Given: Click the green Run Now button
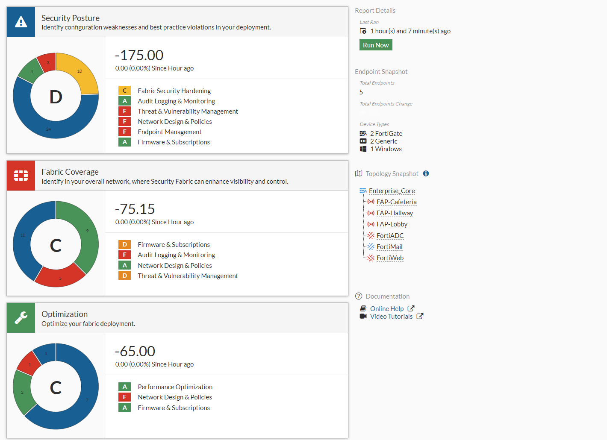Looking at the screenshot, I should [376, 45].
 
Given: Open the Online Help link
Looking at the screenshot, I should [386, 308].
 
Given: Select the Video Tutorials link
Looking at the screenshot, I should [391, 317].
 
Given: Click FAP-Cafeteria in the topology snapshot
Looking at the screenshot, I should [396, 202].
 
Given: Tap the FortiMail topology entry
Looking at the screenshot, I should [389, 247].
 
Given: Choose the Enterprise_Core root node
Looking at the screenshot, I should [392, 191].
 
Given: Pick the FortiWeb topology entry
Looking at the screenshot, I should [390, 258].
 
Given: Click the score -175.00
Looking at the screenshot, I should [139, 55].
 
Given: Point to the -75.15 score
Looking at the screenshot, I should [135, 209].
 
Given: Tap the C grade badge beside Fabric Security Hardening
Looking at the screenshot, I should [124, 91].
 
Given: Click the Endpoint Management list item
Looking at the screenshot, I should [169, 132].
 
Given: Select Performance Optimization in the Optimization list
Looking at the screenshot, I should [175, 387].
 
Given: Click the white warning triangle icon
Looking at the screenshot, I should [21, 22].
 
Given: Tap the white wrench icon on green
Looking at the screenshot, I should [21, 317].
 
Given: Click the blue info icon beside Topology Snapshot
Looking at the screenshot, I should [426, 173].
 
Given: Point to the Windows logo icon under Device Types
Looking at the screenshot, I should [363, 149].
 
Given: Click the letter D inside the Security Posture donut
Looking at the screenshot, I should [56, 97].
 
